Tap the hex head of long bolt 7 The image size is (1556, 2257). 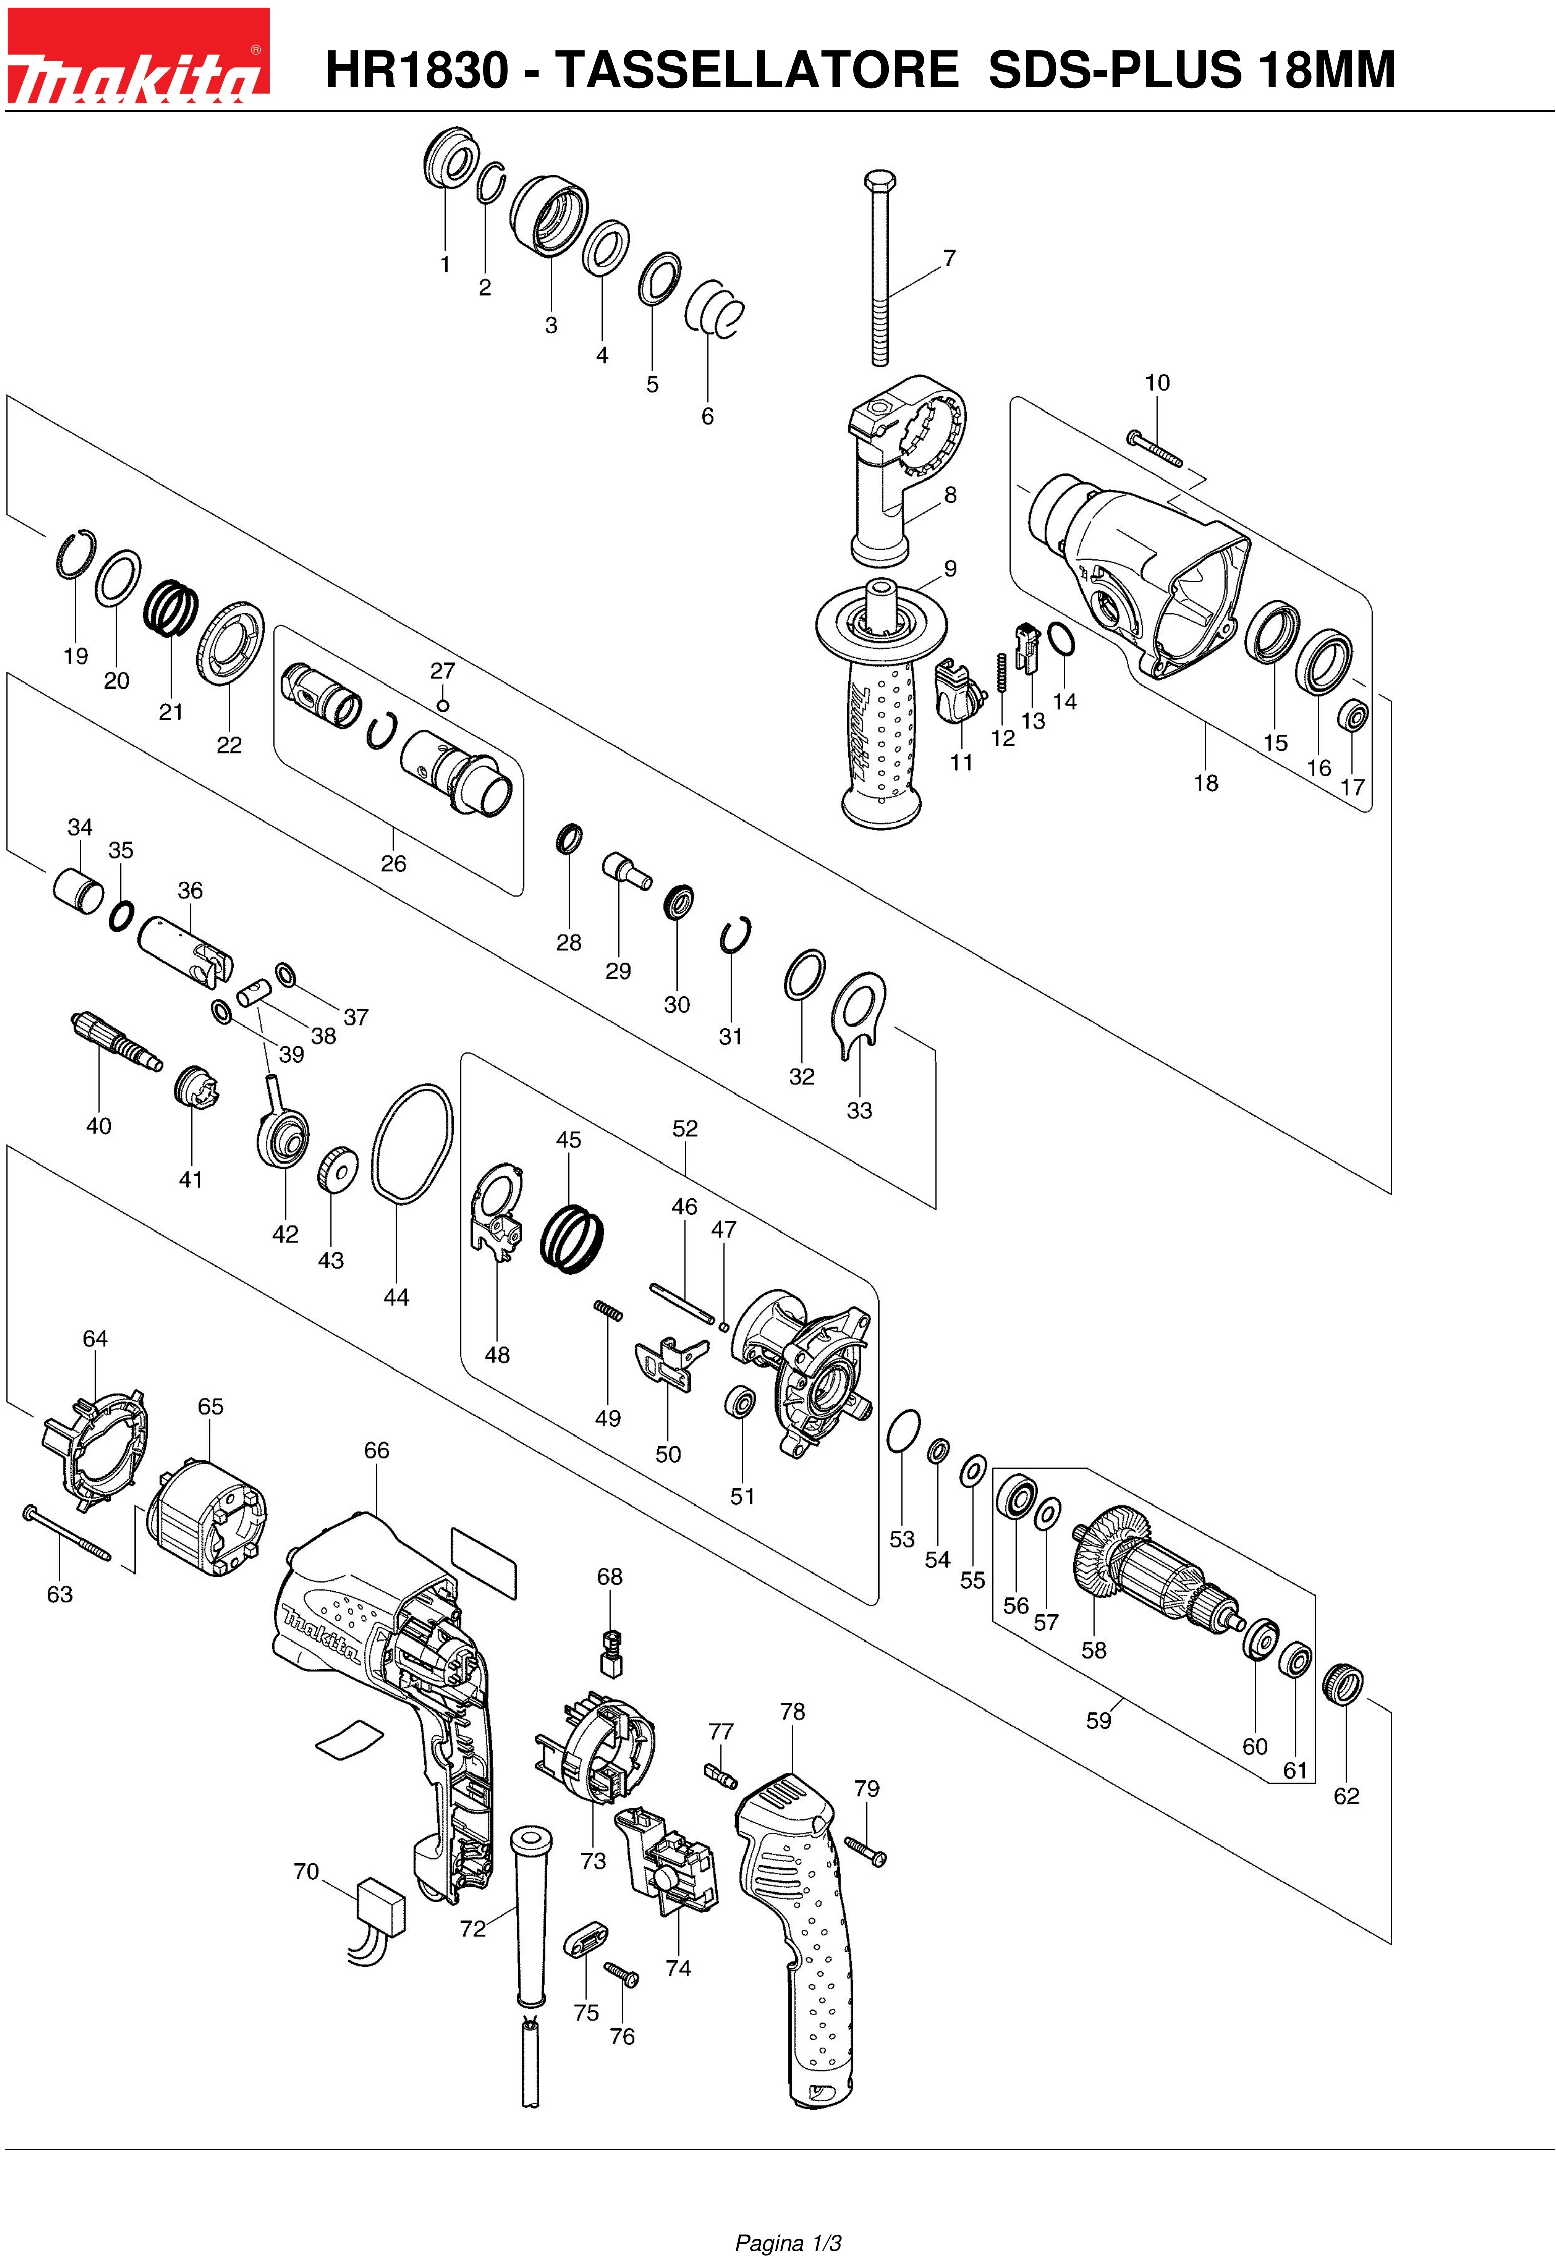[x=881, y=182]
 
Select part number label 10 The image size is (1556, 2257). [x=1157, y=382]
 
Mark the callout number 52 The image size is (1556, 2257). [x=686, y=1128]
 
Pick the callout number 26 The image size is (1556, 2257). [x=394, y=863]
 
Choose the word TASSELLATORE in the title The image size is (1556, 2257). [x=757, y=70]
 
